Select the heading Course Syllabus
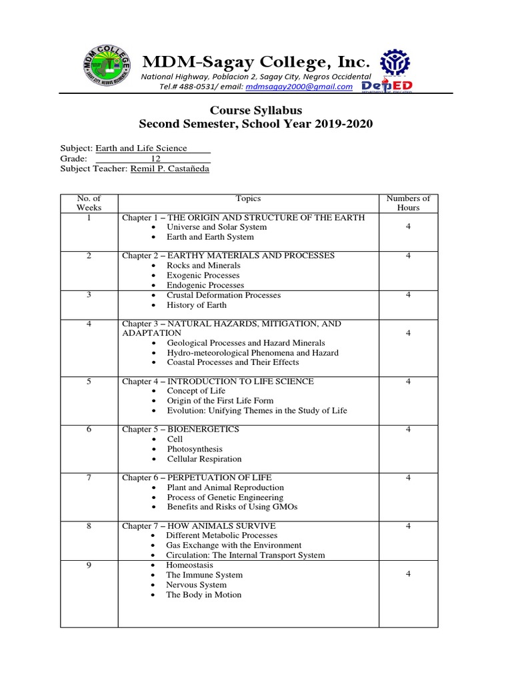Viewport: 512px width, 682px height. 256,110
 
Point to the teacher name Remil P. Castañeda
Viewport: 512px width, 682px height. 169,169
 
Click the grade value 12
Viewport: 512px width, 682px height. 155,159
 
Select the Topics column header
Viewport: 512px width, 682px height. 248,198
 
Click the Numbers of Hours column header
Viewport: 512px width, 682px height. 408,203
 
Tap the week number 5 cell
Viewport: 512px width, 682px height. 89,382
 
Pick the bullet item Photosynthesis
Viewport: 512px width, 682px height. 195,450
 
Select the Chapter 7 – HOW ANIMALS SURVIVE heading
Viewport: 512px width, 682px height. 198,526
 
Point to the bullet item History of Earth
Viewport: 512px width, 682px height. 196,305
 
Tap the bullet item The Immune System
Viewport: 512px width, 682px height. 204,575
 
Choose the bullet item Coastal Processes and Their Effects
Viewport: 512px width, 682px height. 233,362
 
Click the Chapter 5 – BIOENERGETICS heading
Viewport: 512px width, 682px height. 180,430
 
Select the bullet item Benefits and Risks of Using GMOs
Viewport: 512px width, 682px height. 231,507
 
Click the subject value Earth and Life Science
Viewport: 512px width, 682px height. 141,148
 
